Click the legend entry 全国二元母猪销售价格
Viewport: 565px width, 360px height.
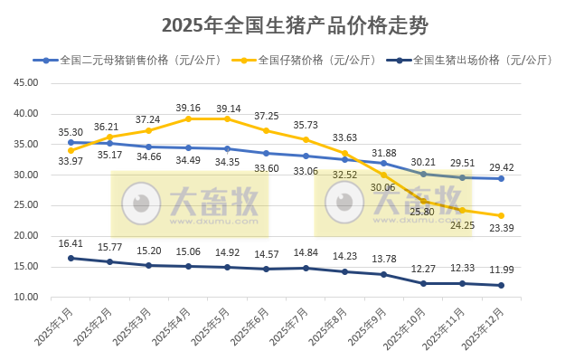113,62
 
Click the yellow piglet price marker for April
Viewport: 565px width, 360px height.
188,118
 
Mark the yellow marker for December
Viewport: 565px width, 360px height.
501,215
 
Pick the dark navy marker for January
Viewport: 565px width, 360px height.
71,258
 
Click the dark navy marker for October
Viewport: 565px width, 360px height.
423,283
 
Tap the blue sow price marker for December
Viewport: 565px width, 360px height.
501,178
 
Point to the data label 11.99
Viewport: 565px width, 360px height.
501,270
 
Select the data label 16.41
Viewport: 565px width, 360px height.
71,243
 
